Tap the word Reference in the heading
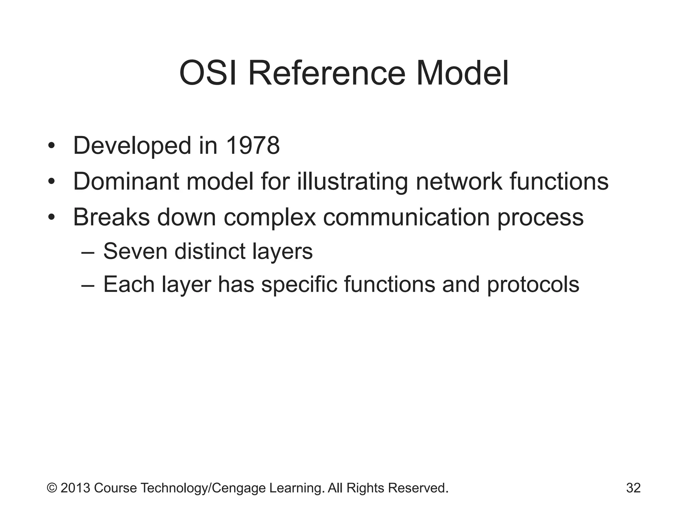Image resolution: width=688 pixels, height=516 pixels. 327,73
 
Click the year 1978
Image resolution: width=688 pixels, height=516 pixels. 253,146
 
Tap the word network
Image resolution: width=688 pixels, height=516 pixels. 459,181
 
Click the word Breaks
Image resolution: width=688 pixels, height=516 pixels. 111,217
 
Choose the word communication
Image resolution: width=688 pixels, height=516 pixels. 406,217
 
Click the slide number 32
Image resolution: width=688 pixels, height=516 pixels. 633,488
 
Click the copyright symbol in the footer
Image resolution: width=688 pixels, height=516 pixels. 52,488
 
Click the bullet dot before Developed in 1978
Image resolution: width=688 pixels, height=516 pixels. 51,146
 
